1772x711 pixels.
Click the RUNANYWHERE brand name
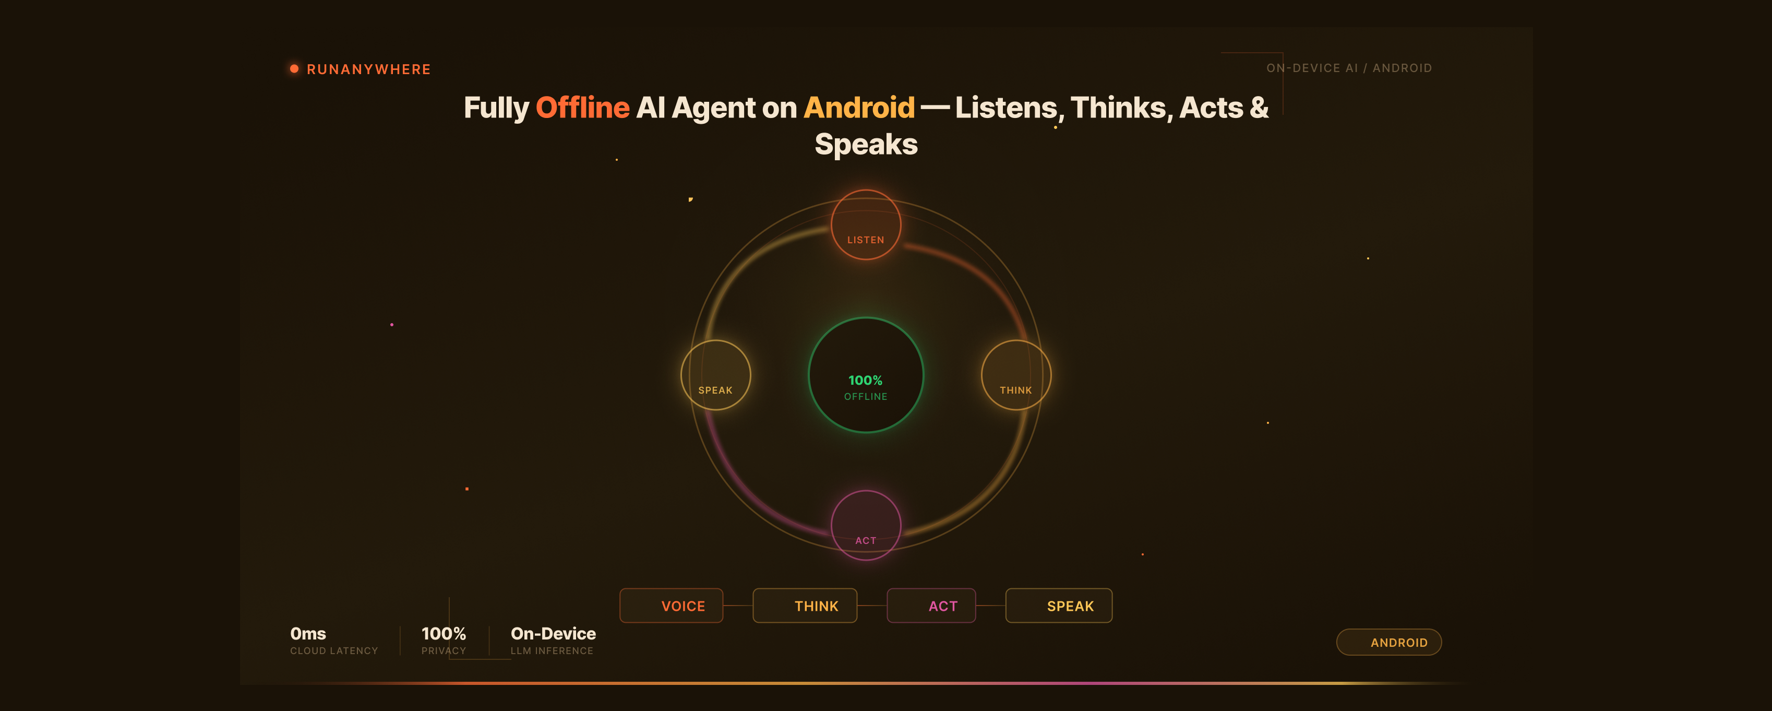(369, 69)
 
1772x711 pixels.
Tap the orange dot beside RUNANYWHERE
(294, 69)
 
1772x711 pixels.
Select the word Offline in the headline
(583, 108)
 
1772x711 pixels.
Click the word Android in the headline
(859, 108)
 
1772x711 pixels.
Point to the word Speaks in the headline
(866, 144)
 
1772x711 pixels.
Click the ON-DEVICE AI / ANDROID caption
(1349, 68)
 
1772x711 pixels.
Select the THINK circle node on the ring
(1016, 375)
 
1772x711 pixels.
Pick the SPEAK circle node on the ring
(715, 375)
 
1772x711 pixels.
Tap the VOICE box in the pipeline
(672, 606)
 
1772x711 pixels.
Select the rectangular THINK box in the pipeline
(805, 606)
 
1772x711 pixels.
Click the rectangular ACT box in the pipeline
(931, 606)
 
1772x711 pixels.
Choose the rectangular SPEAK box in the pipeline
(1059, 606)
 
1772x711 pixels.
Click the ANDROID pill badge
(1389, 642)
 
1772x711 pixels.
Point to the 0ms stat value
(308, 633)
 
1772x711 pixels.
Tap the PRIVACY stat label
(444, 651)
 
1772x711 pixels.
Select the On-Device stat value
(553, 633)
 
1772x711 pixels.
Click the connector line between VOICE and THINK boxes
(738, 606)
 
